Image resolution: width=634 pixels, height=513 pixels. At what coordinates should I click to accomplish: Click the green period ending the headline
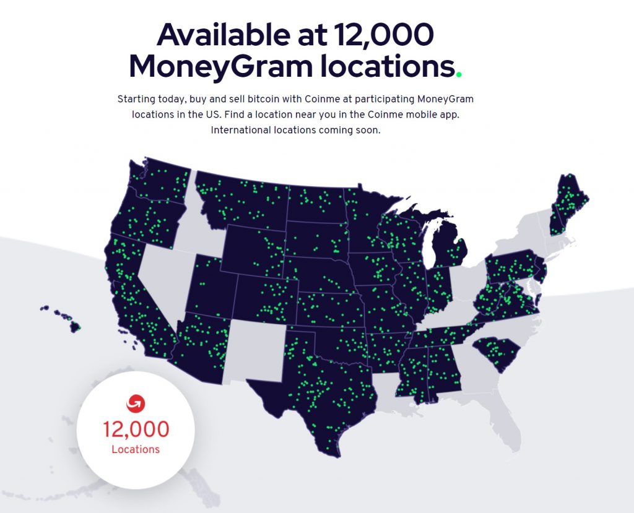coord(459,75)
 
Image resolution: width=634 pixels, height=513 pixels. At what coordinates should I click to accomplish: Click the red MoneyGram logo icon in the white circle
coord(136,403)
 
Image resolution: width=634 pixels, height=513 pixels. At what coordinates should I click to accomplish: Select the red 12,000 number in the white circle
coord(136,429)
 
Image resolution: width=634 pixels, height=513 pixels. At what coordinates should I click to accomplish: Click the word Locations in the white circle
coord(136,449)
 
